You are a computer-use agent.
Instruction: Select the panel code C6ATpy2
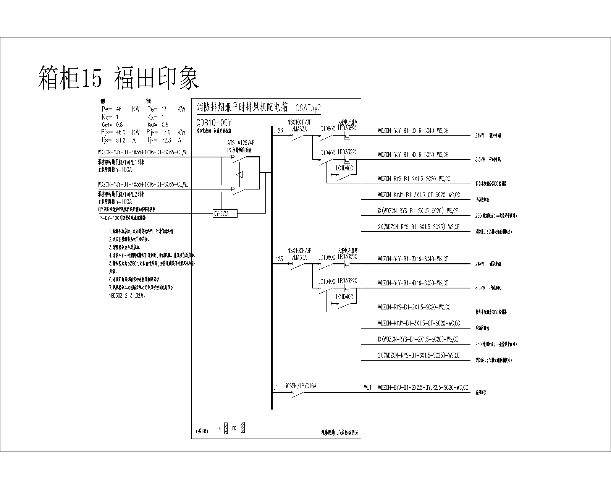(x=308, y=108)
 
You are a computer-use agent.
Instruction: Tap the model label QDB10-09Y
(x=214, y=123)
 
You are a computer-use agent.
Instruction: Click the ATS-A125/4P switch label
(x=241, y=143)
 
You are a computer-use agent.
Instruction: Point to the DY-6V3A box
(x=225, y=214)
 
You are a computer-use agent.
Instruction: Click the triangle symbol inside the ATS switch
(x=239, y=175)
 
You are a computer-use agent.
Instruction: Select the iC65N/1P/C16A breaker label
(x=301, y=386)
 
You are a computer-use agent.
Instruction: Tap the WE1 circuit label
(x=367, y=388)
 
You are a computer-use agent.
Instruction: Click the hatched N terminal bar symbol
(x=226, y=428)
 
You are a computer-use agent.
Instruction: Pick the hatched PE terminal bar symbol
(x=243, y=428)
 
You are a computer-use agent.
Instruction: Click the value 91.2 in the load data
(x=120, y=140)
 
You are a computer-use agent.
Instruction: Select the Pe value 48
(x=119, y=109)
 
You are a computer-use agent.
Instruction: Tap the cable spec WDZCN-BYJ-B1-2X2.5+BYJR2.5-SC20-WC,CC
(x=423, y=388)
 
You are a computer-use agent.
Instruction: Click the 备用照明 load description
(x=480, y=392)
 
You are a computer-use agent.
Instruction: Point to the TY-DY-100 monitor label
(x=121, y=218)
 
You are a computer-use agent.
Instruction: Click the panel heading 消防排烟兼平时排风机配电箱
(x=242, y=107)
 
